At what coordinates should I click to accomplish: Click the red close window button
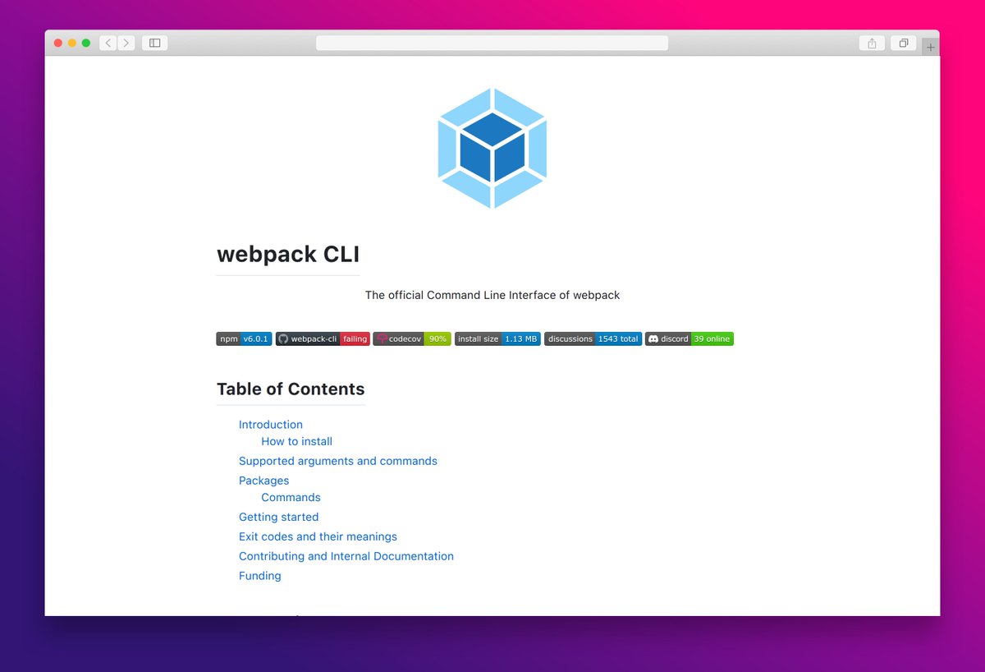(x=58, y=43)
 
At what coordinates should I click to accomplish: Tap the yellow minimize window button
(x=72, y=43)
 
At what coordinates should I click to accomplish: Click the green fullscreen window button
(x=86, y=43)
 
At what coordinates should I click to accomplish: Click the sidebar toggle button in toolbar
(x=154, y=43)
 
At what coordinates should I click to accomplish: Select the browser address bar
(x=492, y=43)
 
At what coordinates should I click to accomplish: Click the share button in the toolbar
(x=872, y=43)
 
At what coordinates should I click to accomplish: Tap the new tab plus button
(x=930, y=47)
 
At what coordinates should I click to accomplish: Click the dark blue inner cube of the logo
(x=492, y=148)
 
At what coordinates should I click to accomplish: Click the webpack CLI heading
(x=288, y=255)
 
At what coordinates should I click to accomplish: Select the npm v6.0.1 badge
(x=244, y=338)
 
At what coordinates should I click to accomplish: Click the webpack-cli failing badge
(x=323, y=338)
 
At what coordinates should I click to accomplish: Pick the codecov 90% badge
(x=412, y=338)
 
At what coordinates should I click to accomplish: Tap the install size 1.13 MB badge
(x=497, y=338)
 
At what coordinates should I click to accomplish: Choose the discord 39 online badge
(x=689, y=338)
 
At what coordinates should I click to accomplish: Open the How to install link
(x=296, y=441)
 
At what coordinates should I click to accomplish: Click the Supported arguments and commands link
(x=337, y=461)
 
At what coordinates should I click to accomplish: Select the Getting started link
(x=278, y=517)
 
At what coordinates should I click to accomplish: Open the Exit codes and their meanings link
(x=318, y=536)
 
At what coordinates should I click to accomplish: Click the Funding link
(x=259, y=576)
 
